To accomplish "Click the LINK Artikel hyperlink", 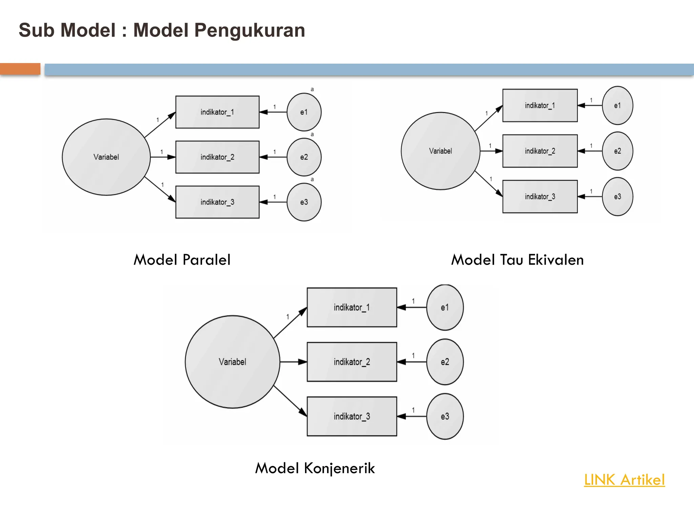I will click(x=624, y=480).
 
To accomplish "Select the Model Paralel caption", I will click(x=182, y=260).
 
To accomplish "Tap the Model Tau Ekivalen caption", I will click(x=517, y=260).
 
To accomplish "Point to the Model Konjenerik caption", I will click(x=315, y=468).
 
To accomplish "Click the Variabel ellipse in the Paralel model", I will click(x=106, y=157).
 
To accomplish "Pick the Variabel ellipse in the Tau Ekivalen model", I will click(x=441, y=151).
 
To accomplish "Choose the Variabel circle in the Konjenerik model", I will click(x=232, y=362).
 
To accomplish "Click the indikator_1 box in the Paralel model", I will click(x=217, y=112).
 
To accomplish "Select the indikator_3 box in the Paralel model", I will click(x=217, y=202).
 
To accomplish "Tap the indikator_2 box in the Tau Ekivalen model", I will click(x=540, y=151).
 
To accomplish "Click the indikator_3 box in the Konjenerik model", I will click(x=352, y=417).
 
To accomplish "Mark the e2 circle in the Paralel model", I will click(x=304, y=157).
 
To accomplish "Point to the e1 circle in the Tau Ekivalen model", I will click(x=617, y=105).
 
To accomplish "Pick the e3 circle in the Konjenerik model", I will click(x=445, y=417).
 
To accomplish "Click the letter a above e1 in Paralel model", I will click(x=312, y=90).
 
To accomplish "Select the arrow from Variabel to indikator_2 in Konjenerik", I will click(x=293, y=362).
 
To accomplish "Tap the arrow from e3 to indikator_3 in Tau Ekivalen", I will click(x=590, y=197).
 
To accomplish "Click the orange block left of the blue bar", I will click(x=20, y=69).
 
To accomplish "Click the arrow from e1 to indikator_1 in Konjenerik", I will click(x=411, y=308).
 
